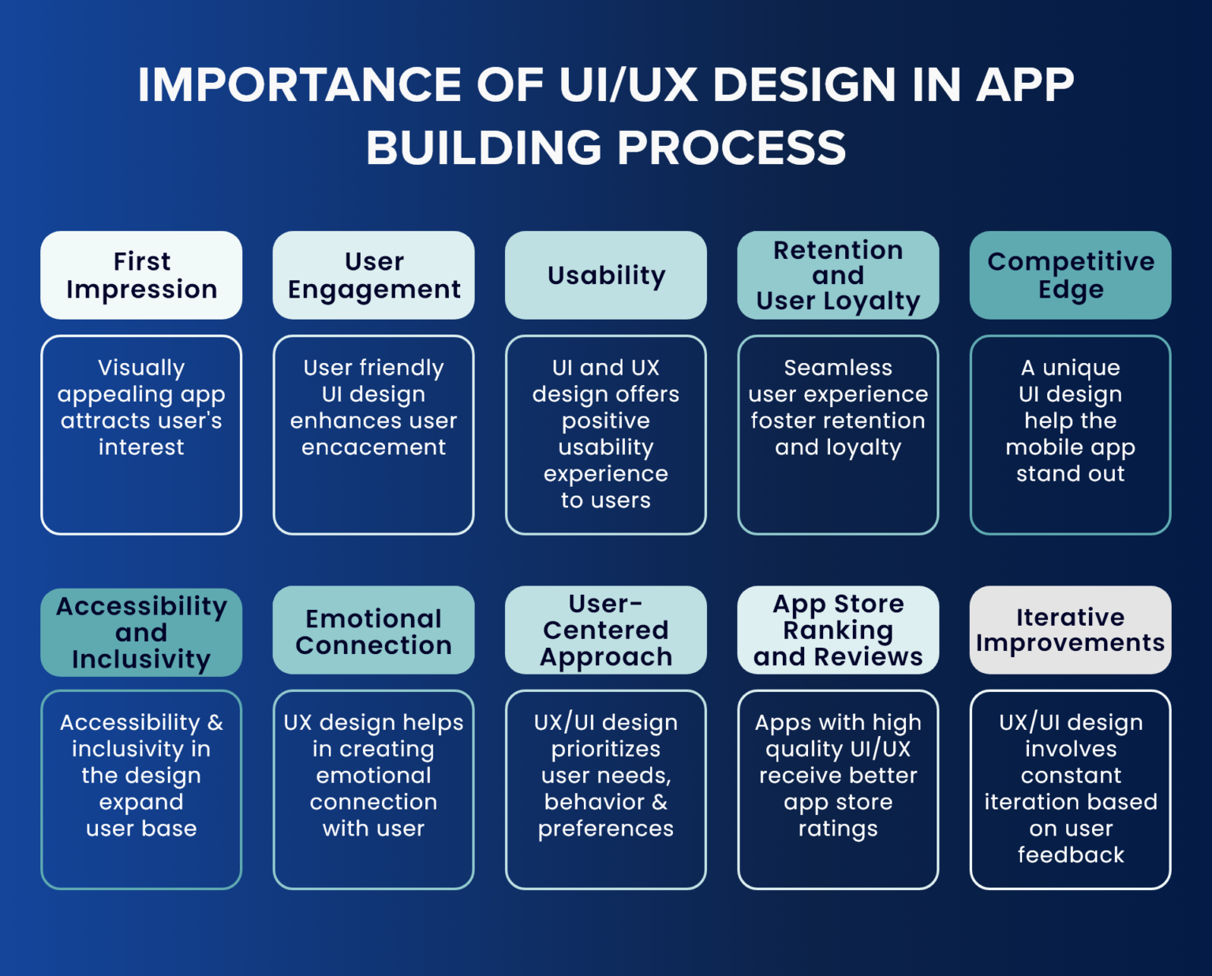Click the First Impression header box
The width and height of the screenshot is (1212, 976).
point(141,275)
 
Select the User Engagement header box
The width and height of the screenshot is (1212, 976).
point(373,275)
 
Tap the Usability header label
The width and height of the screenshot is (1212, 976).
point(606,275)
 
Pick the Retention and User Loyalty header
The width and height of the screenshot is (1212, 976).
point(838,275)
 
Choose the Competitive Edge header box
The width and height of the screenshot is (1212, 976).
point(1070,275)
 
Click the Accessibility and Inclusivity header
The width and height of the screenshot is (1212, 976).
point(141,632)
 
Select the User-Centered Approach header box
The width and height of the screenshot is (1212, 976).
point(606,630)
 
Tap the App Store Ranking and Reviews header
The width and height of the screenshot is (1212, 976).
point(838,630)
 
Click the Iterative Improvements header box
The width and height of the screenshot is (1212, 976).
point(1070,630)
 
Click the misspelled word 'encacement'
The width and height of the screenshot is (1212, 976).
point(373,447)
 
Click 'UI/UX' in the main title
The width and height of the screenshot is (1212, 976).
point(628,84)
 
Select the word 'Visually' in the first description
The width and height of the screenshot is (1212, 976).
point(141,368)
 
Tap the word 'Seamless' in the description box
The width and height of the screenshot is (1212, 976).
point(838,368)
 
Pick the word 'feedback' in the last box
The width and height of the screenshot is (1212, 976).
point(1070,854)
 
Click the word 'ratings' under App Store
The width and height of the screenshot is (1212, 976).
point(838,828)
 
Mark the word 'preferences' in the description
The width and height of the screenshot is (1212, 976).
point(606,828)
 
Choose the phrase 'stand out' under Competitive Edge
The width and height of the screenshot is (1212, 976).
point(1070,473)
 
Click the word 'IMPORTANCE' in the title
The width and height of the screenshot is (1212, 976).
point(300,84)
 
